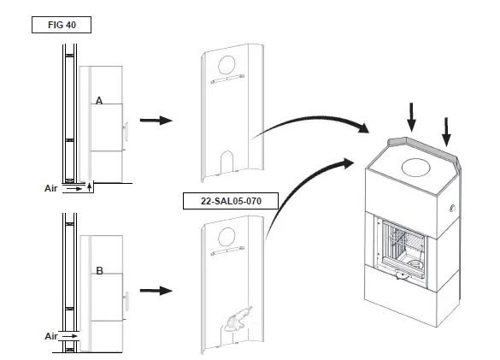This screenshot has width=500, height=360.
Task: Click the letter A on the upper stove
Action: [99, 101]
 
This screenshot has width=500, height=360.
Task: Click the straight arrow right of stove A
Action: [155, 121]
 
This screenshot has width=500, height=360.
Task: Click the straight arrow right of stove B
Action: [155, 291]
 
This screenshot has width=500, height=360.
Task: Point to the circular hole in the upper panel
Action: [229, 64]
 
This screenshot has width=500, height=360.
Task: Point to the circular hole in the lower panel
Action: [228, 235]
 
